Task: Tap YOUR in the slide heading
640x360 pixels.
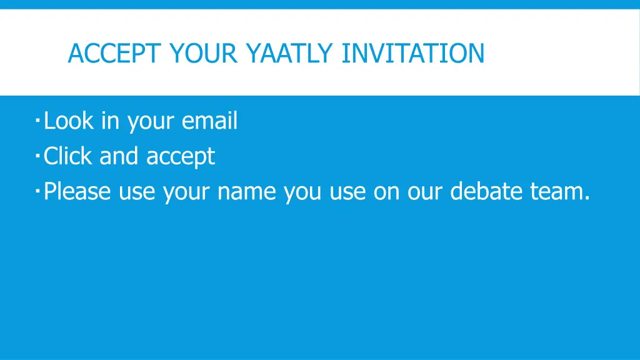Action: coord(202,53)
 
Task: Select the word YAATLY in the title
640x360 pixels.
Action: coord(289,53)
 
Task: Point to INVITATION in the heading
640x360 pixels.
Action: coord(413,53)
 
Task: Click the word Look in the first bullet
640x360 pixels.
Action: coord(68,121)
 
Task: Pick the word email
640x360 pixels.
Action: coord(209,121)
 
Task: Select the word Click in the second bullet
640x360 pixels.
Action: coord(68,156)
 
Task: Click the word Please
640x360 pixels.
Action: coord(78,191)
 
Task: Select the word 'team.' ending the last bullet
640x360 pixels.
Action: coord(560,191)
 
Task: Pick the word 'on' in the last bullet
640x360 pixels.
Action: coord(387,191)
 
